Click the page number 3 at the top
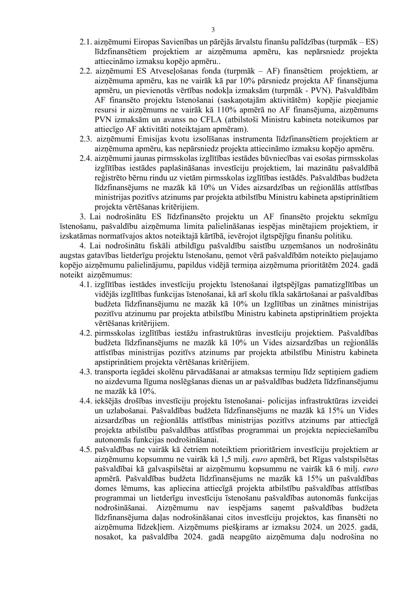click(213, 30)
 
